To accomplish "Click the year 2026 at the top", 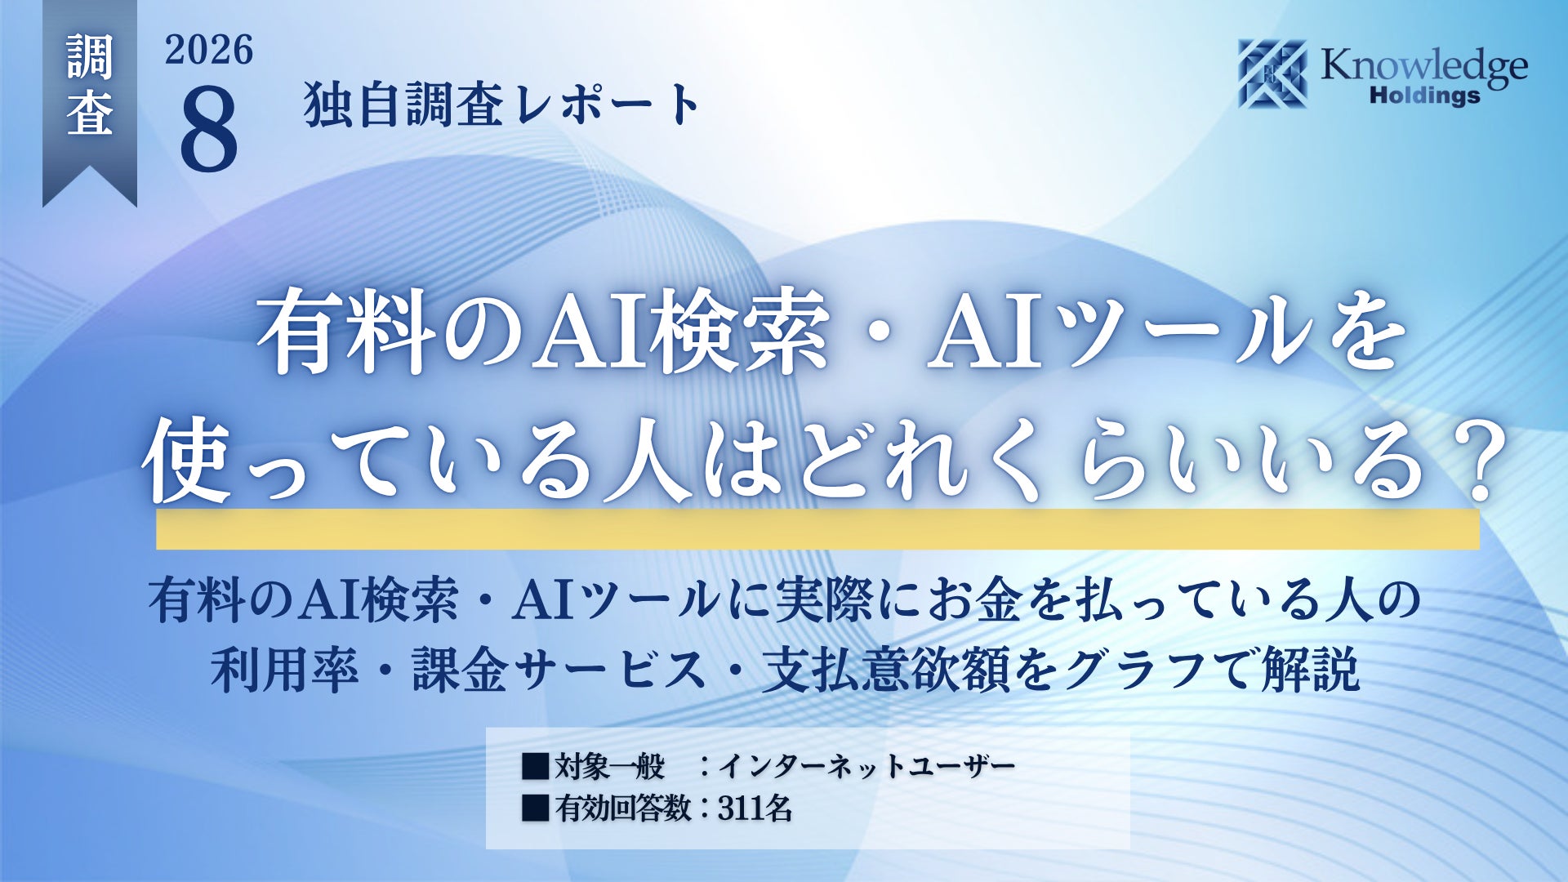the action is pyautogui.click(x=209, y=51).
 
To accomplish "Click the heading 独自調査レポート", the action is pyautogui.click(x=501, y=105).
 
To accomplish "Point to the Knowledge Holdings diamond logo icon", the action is pyautogui.click(x=1272, y=73).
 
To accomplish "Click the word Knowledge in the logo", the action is pyautogui.click(x=1424, y=66).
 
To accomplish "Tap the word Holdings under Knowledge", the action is pyautogui.click(x=1424, y=96).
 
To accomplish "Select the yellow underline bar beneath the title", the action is pyautogui.click(x=817, y=529).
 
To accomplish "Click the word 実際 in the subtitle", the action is pyautogui.click(x=824, y=600).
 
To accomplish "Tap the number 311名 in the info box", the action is pyautogui.click(x=755, y=808).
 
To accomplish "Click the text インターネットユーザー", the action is pyautogui.click(x=866, y=765).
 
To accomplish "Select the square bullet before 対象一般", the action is pyautogui.click(x=536, y=766).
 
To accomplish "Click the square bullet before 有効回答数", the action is pyautogui.click(x=536, y=808).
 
